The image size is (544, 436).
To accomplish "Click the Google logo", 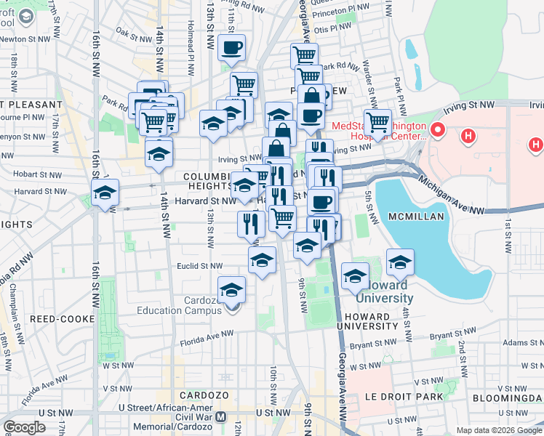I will [x=25, y=427].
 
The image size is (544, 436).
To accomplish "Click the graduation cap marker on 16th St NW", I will [x=105, y=193].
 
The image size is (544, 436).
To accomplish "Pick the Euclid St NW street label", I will [x=201, y=266].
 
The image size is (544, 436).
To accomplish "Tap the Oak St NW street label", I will [x=132, y=32].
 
